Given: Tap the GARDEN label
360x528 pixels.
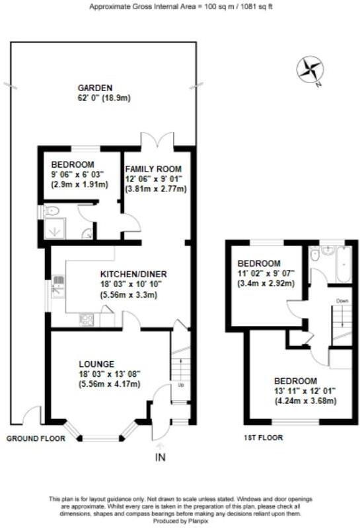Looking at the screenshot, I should pyautogui.click(x=95, y=88).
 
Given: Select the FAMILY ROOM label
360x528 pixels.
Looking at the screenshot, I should pyautogui.click(x=153, y=168).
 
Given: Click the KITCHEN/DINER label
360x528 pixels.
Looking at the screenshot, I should pyautogui.click(x=133, y=274).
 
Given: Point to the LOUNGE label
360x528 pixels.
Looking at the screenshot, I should pyautogui.click(x=97, y=364).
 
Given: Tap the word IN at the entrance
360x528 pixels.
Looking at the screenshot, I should pyautogui.click(x=159, y=457).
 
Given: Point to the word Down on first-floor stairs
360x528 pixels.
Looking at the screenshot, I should pyautogui.click(x=342, y=300).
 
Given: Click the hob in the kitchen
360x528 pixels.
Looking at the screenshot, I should pyautogui.click(x=87, y=319).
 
